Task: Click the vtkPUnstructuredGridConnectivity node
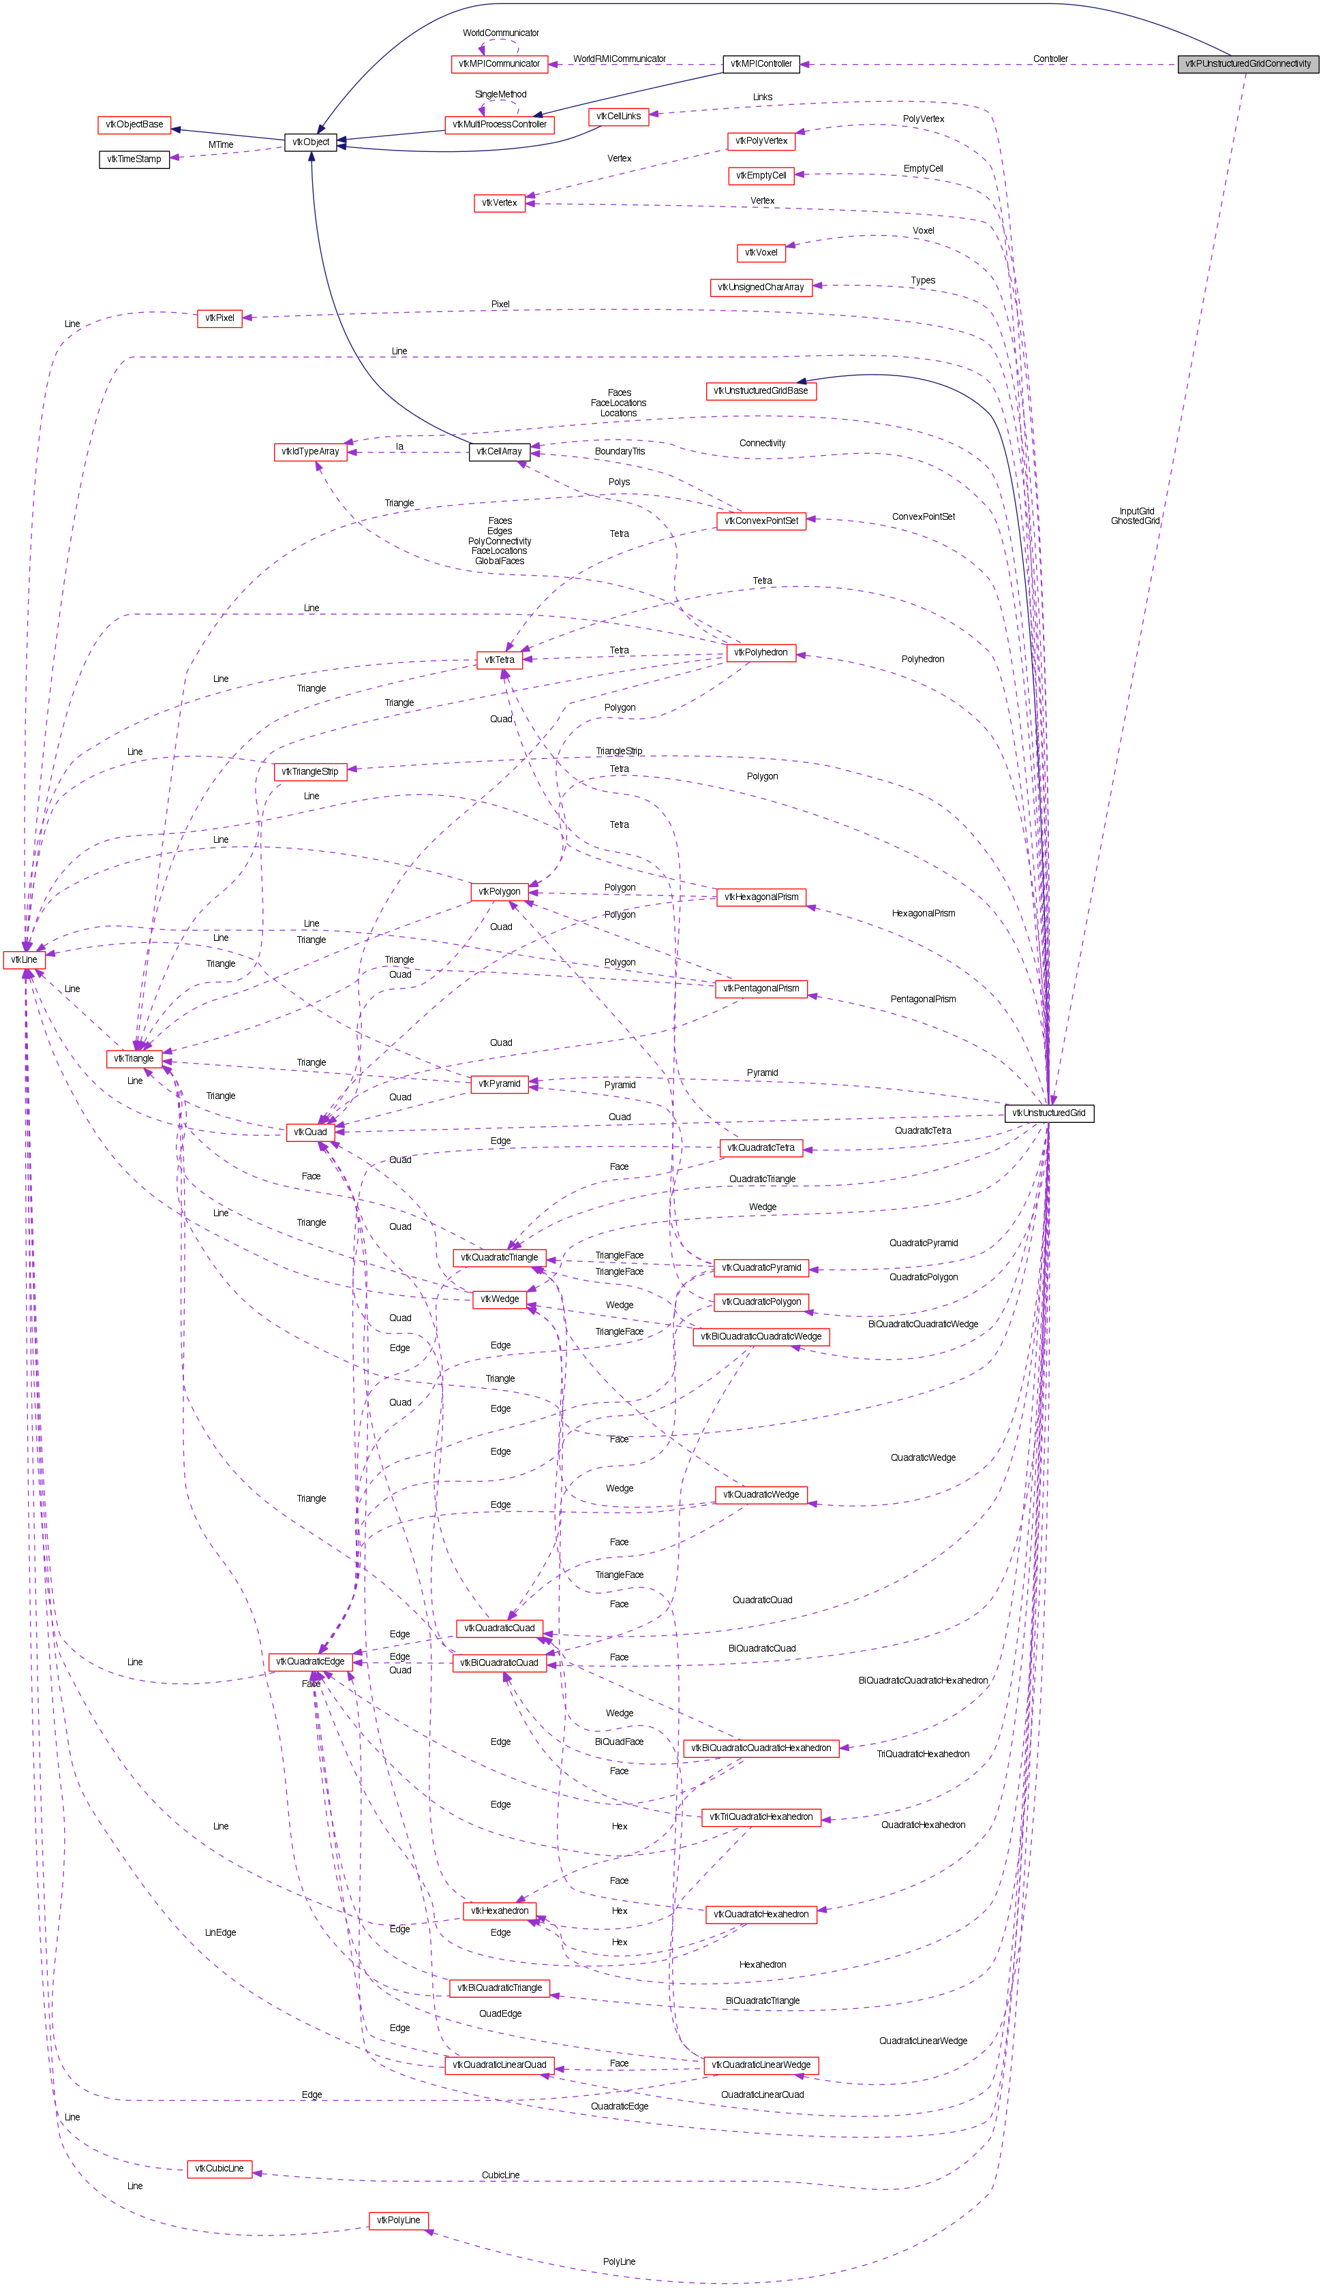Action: (x=1247, y=63)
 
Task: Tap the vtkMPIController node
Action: (x=761, y=63)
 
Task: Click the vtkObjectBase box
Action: (x=134, y=125)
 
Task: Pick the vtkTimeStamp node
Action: (x=134, y=159)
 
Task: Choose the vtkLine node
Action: (x=25, y=959)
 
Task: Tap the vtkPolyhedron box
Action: (x=761, y=653)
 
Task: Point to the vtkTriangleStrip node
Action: (x=309, y=772)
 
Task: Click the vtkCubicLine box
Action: (x=219, y=2168)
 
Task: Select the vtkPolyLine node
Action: (x=397, y=2220)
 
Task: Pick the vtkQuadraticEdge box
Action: (x=309, y=1662)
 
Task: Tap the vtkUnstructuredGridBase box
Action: (x=760, y=390)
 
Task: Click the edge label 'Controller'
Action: (x=1050, y=59)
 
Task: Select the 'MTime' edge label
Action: (x=221, y=144)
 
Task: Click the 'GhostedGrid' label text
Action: (x=1134, y=521)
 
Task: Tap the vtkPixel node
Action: (x=219, y=318)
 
